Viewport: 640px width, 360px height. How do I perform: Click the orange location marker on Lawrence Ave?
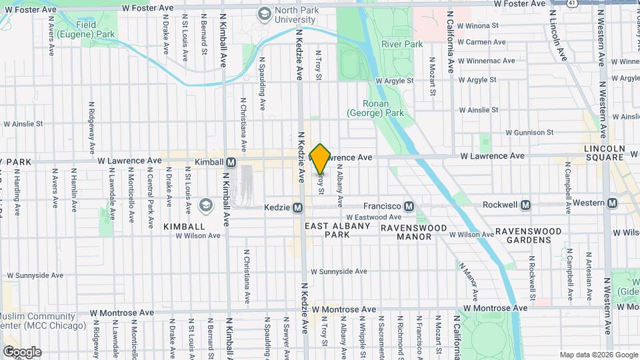[320, 159]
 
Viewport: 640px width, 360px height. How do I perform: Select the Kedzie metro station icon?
[298, 207]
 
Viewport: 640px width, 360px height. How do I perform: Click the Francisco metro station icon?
[409, 207]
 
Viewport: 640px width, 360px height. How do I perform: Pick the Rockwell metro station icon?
[526, 204]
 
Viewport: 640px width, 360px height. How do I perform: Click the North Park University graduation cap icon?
[265, 13]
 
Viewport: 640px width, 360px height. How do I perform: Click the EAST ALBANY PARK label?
[337, 231]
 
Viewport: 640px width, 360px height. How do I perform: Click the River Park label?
[402, 44]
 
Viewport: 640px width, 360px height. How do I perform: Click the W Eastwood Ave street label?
[373, 217]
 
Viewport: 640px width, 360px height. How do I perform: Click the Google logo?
[22, 351]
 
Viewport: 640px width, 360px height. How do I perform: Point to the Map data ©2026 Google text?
[597, 354]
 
